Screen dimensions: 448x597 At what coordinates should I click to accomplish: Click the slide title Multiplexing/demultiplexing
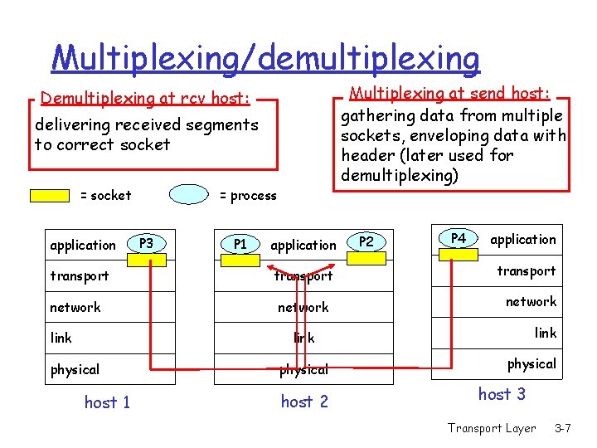click(x=265, y=58)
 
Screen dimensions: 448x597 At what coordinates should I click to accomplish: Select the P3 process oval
click(x=146, y=244)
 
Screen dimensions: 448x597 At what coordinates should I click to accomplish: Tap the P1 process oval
click(x=240, y=245)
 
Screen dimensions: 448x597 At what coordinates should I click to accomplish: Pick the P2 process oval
click(x=366, y=242)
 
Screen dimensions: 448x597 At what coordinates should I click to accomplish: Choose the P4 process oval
click(x=459, y=239)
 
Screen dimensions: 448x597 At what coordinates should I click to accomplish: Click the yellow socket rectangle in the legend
click(x=50, y=196)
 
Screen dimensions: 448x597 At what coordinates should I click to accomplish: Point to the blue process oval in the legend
click(x=189, y=195)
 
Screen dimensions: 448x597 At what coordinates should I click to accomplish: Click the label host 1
click(x=107, y=402)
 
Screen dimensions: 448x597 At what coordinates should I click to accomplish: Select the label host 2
click(x=304, y=402)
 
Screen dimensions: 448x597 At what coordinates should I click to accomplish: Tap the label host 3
click(x=502, y=394)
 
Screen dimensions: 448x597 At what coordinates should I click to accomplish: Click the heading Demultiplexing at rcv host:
click(x=145, y=99)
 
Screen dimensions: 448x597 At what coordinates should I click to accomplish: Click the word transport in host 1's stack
click(x=80, y=275)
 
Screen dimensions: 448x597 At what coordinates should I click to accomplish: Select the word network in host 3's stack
click(x=531, y=302)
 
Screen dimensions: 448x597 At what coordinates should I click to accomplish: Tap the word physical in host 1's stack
click(x=75, y=369)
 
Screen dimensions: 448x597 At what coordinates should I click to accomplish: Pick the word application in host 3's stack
click(x=523, y=240)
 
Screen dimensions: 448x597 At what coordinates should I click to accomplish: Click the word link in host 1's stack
click(x=61, y=338)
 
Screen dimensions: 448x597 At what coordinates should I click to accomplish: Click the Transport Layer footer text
click(x=492, y=428)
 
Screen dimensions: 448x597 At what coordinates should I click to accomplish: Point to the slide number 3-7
click(x=563, y=428)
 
